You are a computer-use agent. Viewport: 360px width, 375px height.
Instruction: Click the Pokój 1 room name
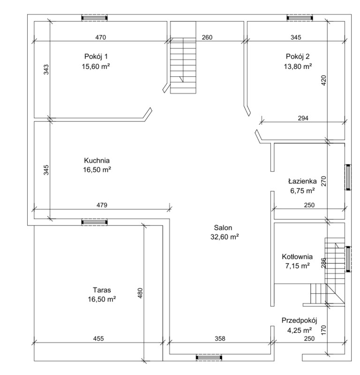click(96, 57)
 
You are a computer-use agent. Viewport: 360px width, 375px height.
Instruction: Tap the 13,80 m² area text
click(298, 66)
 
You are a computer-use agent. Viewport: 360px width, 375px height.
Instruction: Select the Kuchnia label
click(97, 160)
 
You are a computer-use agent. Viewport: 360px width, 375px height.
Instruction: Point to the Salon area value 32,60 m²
click(225, 237)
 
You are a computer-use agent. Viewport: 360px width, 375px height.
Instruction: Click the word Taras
click(102, 290)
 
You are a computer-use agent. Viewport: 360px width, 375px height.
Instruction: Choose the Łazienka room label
click(302, 181)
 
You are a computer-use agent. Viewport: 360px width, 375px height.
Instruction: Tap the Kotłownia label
click(297, 256)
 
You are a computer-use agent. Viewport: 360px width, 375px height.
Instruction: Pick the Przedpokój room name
click(299, 321)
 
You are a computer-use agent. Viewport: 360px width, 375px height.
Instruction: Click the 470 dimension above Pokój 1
click(100, 37)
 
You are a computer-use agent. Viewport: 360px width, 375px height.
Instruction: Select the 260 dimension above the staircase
click(207, 37)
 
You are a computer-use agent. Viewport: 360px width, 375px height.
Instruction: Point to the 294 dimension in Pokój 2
click(303, 118)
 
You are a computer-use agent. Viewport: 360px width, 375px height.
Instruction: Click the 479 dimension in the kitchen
click(102, 205)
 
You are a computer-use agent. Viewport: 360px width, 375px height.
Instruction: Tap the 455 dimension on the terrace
click(98, 338)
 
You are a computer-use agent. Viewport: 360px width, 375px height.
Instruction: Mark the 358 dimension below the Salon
click(220, 338)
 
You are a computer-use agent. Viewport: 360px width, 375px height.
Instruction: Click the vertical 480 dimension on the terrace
click(140, 293)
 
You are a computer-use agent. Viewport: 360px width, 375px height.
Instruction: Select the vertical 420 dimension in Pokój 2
click(323, 81)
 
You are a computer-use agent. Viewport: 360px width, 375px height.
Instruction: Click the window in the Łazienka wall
click(348, 177)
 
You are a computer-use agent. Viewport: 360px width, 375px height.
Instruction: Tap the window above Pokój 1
click(95, 18)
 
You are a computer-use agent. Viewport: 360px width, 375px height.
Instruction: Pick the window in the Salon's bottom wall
click(209, 358)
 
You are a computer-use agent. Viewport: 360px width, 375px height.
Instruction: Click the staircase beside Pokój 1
click(183, 57)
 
